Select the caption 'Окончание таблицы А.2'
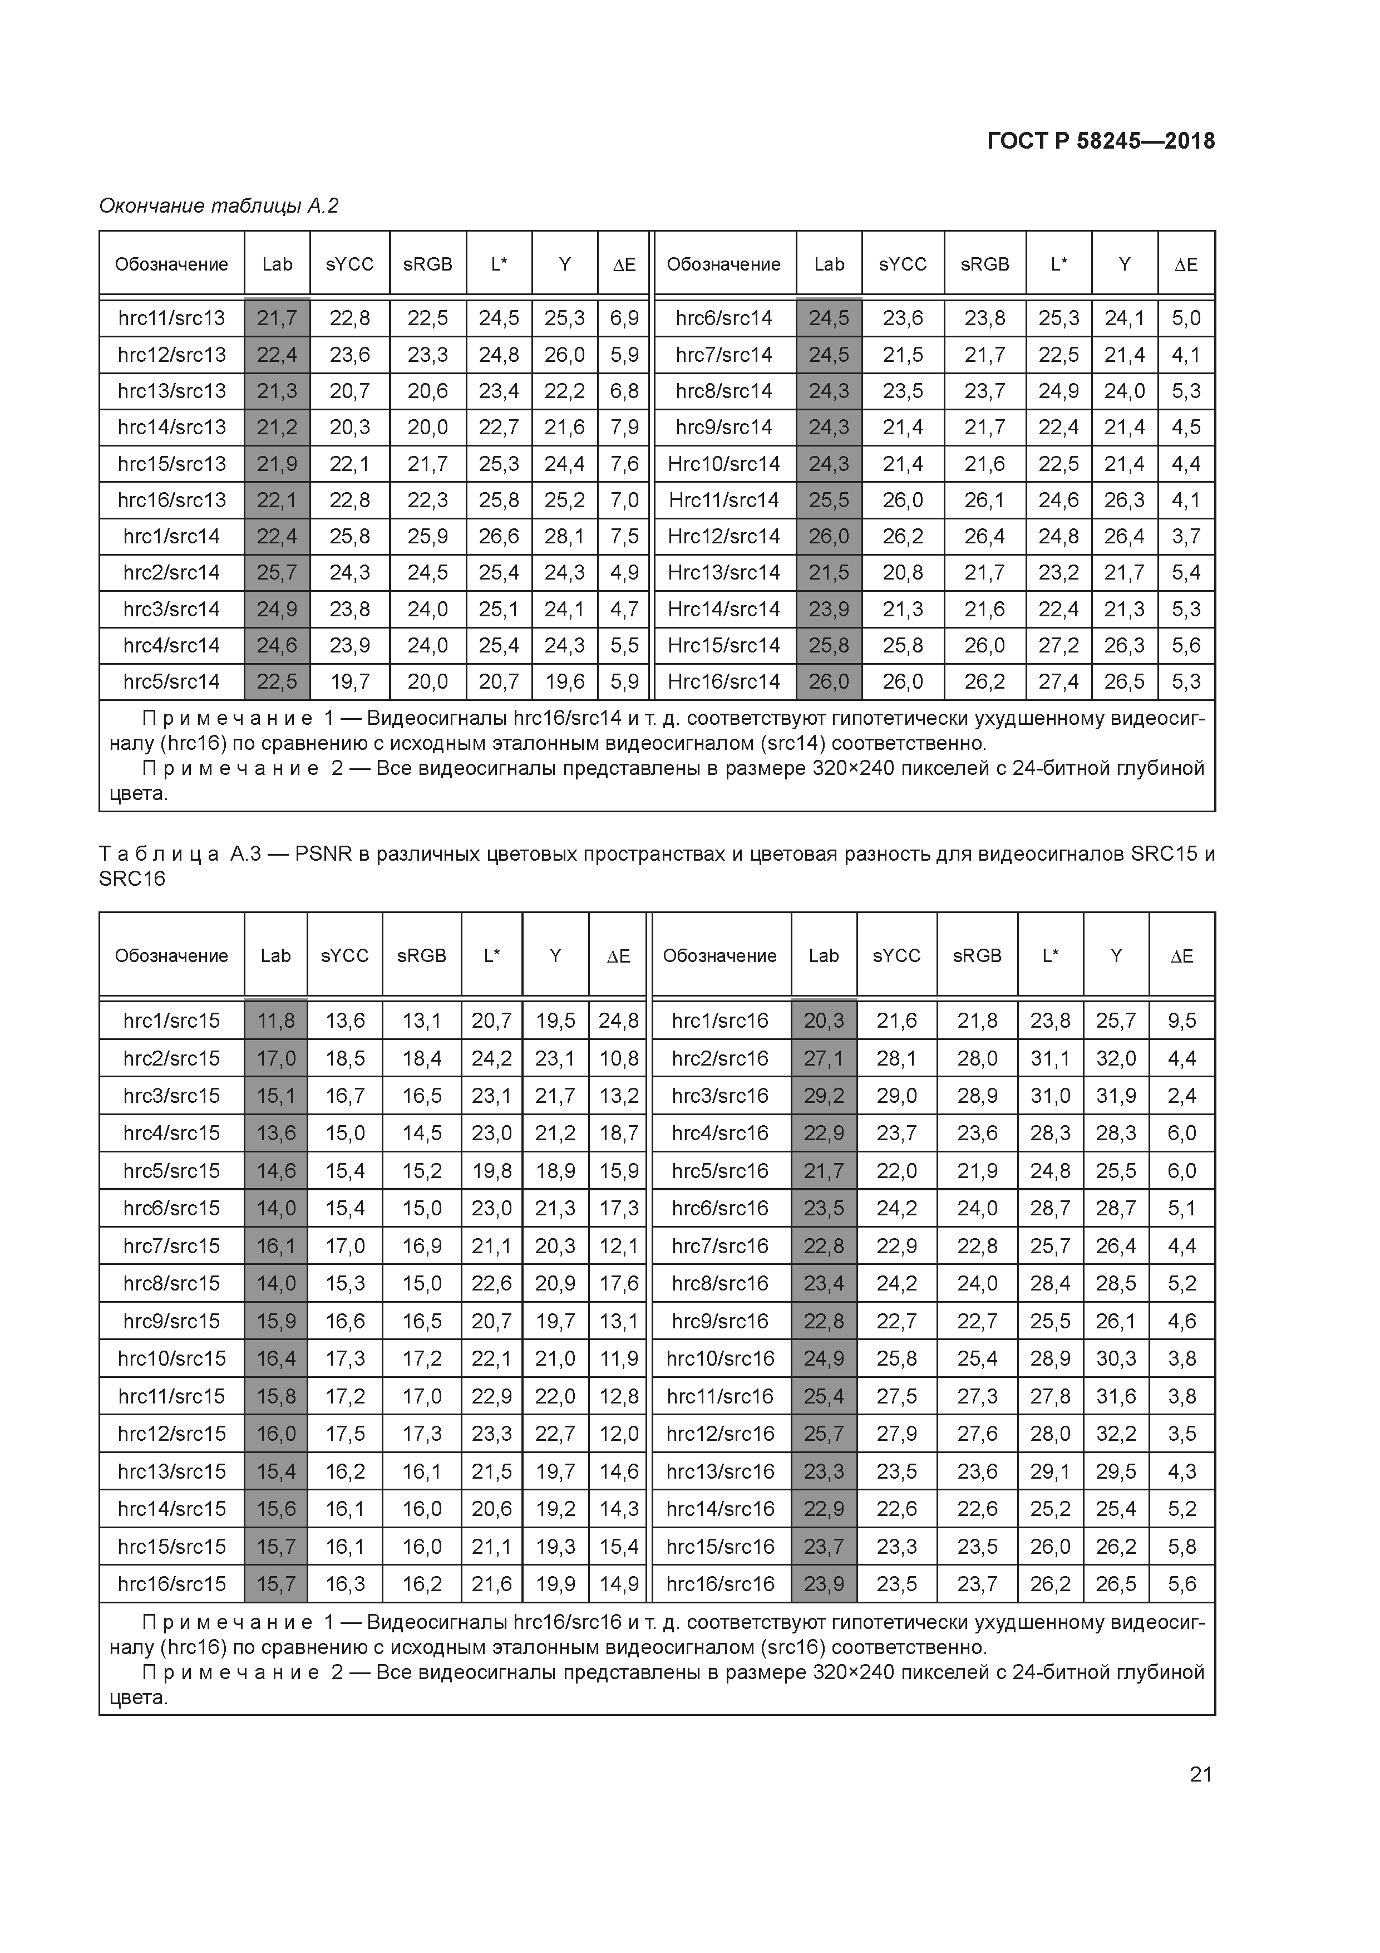pyautogui.click(x=219, y=206)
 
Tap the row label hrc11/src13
pyautogui.click(x=172, y=318)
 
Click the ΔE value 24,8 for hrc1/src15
pyautogui.click(x=618, y=1020)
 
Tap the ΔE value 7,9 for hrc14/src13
pyautogui.click(x=624, y=427)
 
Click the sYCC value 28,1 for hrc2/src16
pyautogui.click(x=896, y=1058)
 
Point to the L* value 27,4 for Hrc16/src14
pyautogui.click(x=1058, y=681)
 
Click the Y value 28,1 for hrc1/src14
pyautogui.click(x=565, y=536)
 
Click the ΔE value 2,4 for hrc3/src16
pyautogui.click(x=1182, y=1096)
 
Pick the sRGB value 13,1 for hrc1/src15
pyautogui.click(x=422, y=1020)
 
